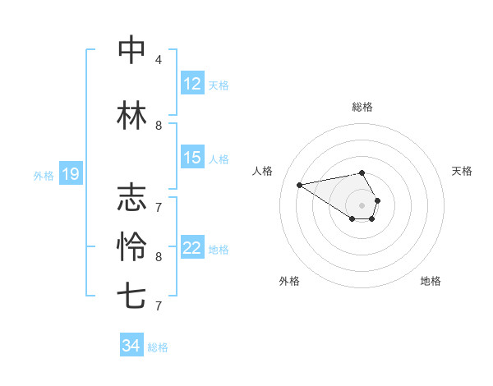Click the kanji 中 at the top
click(131, 50)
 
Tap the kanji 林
click(131, 116)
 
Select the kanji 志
click(131, 198)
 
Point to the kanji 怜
click(131, 246)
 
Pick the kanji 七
click(131, 296)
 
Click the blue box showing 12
click(191, 84)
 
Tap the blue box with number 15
click(191, 158)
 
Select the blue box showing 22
click(191, 248)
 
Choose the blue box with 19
click(70, 174)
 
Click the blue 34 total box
click(131, 346)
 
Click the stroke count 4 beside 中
click(158, 60)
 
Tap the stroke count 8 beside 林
click(158, 126)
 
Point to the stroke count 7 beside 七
click(158, 306)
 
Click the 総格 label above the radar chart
click(362, 107)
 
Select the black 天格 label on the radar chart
click(462, 171)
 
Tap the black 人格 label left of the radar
click(262, 171)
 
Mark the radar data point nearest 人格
click(300, 184)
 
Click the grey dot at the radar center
click(362, 204)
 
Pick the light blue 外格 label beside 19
click(44, 175)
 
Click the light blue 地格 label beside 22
click(219, 249)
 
